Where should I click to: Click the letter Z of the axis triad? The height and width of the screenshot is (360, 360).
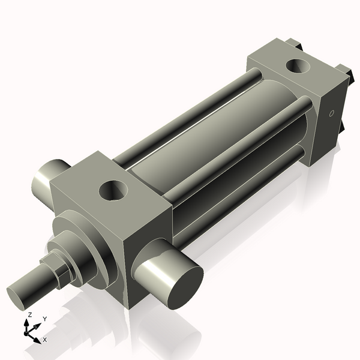29,314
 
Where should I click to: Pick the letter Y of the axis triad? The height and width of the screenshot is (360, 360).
44,319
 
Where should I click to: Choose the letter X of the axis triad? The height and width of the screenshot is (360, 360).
44,340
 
